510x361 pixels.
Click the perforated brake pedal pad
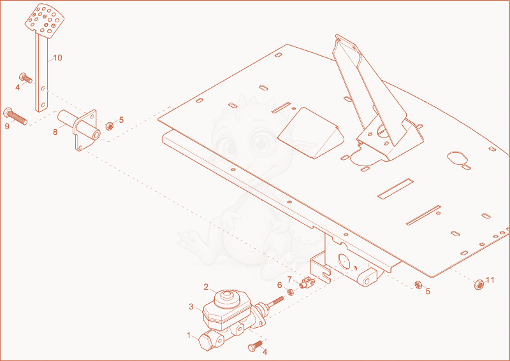coord(45,20)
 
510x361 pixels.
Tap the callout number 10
coord(57,58)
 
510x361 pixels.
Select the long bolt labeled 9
coord(15,117)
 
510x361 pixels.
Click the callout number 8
coord(55,132)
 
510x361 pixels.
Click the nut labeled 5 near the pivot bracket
coord(110,126)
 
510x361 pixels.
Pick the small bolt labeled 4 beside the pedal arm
coord(25,78)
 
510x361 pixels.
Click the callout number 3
coord(191,306)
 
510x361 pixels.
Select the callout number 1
coord(189,335)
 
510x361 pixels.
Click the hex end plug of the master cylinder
coord(206,342)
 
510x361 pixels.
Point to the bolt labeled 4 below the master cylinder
coord(256,346)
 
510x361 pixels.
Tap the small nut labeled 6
coord(291,292)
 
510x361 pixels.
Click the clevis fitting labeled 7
coord(307,282)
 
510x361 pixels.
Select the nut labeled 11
coord(479,285)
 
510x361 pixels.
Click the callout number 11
coord(490,280)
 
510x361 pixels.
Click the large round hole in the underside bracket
coord(344,262)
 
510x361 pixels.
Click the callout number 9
coord(7,127)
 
